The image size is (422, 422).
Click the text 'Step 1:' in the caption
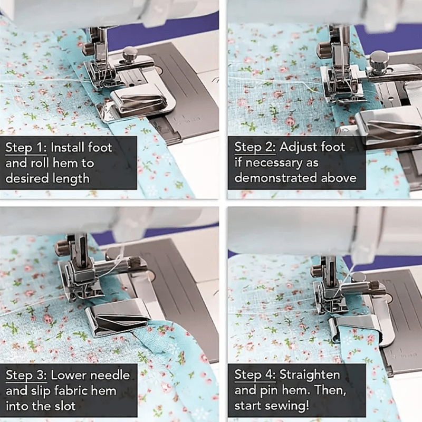pos(24,148)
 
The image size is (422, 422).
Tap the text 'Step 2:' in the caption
pos(253,147)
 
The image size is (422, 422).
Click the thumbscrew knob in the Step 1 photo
pos(130,53)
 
